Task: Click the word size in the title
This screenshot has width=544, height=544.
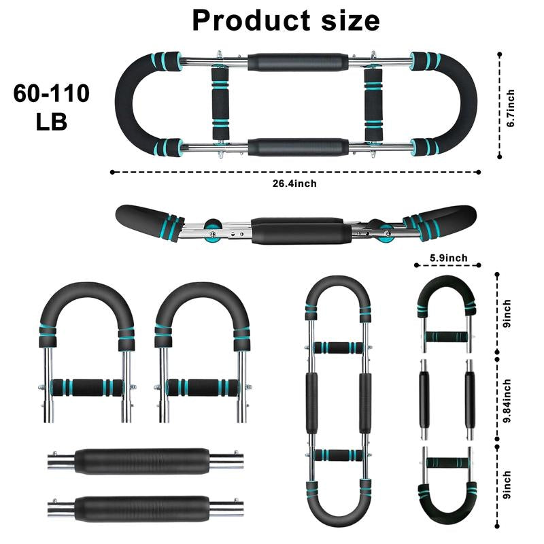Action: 347,20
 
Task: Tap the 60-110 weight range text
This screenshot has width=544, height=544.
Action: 51,94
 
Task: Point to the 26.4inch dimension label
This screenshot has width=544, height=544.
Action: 296,182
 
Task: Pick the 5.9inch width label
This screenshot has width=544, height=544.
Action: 448,257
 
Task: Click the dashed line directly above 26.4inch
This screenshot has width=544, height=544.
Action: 296,171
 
